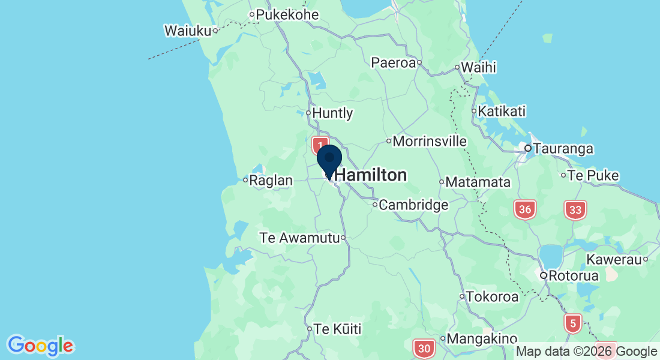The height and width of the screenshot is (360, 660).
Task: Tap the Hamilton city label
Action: click(371, 175)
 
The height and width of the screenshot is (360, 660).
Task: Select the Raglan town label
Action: click(272, 181)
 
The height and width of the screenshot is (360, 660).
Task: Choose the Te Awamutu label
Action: click(299, 238)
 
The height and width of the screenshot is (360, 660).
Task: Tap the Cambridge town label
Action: click(414, 205)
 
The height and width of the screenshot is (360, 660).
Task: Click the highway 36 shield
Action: click(524, 209)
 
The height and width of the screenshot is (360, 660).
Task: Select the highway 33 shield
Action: click(575, 209)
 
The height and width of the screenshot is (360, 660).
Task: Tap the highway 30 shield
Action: click(424, 348)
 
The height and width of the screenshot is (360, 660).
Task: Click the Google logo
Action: click(40, 346)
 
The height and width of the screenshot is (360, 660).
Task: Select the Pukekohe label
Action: click(287, 14)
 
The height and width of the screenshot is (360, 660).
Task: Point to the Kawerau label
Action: click(614, 260)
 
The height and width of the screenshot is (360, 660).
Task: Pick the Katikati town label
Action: click(503, 112)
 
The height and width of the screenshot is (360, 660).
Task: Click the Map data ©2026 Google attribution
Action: click(587, 352)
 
